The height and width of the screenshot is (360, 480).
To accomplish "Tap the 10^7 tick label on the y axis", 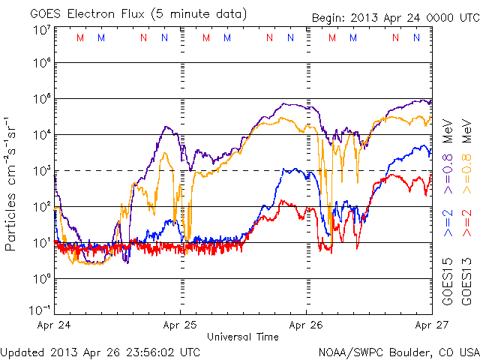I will tap(40, 29).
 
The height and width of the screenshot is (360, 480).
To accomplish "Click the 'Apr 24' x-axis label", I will tap(54, 325).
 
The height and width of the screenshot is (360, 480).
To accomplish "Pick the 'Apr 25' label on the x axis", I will tap(181, 325).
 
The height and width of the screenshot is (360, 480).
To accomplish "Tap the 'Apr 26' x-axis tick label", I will tap(307, 325).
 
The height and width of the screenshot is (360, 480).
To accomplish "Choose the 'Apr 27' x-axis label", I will tap(433, 325).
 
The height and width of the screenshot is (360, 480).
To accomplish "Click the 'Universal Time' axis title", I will tap(243, 337).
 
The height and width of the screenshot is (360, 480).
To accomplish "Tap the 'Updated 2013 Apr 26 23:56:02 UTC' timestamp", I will tap(100, 350).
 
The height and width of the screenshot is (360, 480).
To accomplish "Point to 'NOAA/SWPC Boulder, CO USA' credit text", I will tap(398, 350).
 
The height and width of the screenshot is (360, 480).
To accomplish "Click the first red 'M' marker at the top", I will tap(80, 37).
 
